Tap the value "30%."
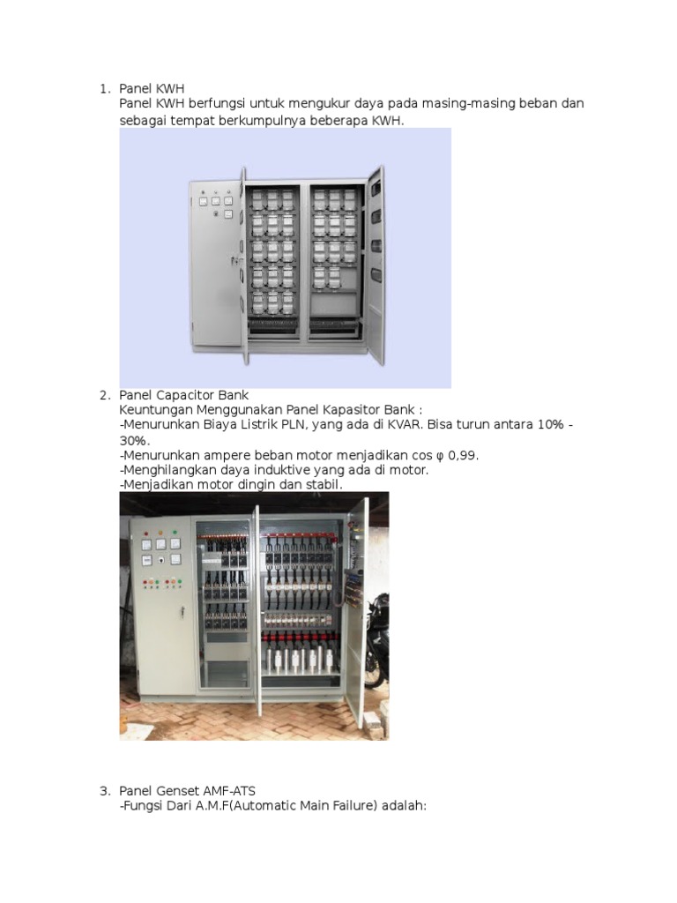coord(136,440)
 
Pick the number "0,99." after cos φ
coord(460,455)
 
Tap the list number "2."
coord(104,395)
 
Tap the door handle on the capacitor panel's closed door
coord(182,611)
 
